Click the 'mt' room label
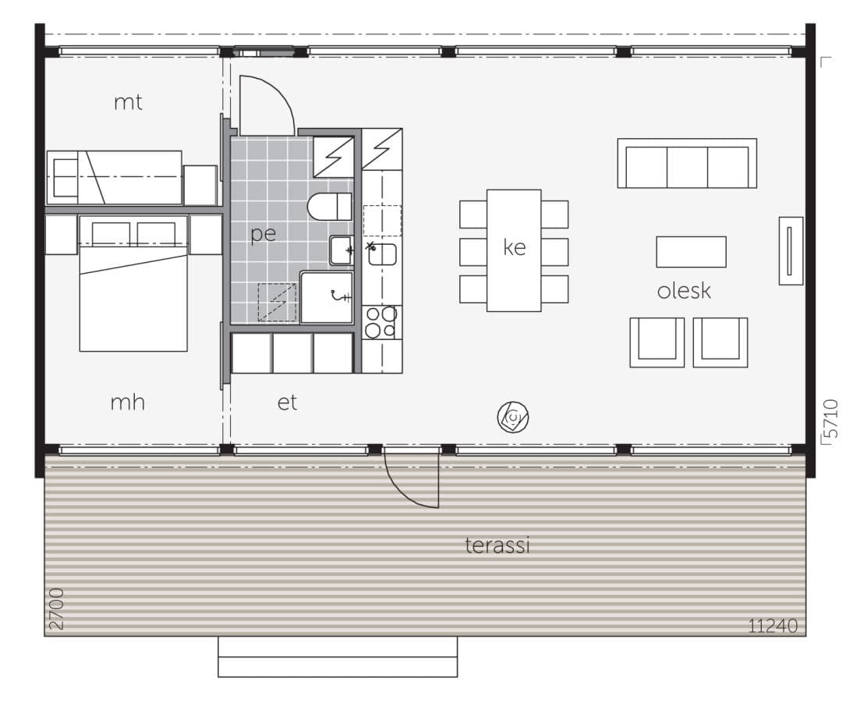click(x=128, y=102)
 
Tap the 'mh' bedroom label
click(x=128, y=402)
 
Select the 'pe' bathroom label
click(x=264, y=234)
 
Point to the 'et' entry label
click(x=288, y=402)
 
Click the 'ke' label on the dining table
click(x=515, y=248)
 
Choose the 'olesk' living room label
click(x=684, y=291)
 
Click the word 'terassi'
click(x=497, y=545)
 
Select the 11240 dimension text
click(x=773, y=626)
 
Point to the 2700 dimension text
click(x=55, y=609)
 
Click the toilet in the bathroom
click(x=330, y=207)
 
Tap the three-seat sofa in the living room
click(x=687, y=164)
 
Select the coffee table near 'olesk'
click(x=691, y=252)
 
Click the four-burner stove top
click(x=381, y=322)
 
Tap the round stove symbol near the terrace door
click(x=513, y=417)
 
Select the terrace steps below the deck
click(x=337, y=657)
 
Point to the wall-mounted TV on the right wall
click(x=790, y=250)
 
